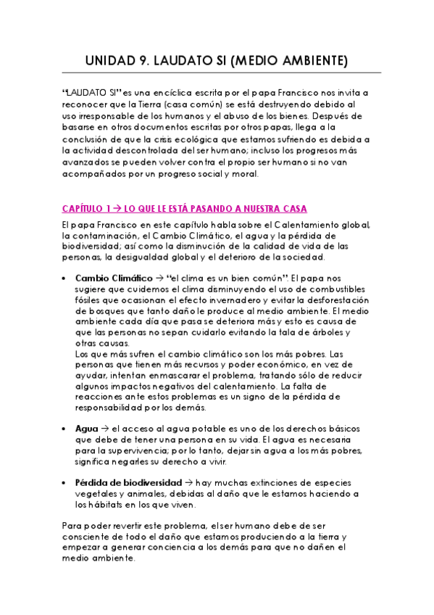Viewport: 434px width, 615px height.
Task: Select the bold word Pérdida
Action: [93, 482]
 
